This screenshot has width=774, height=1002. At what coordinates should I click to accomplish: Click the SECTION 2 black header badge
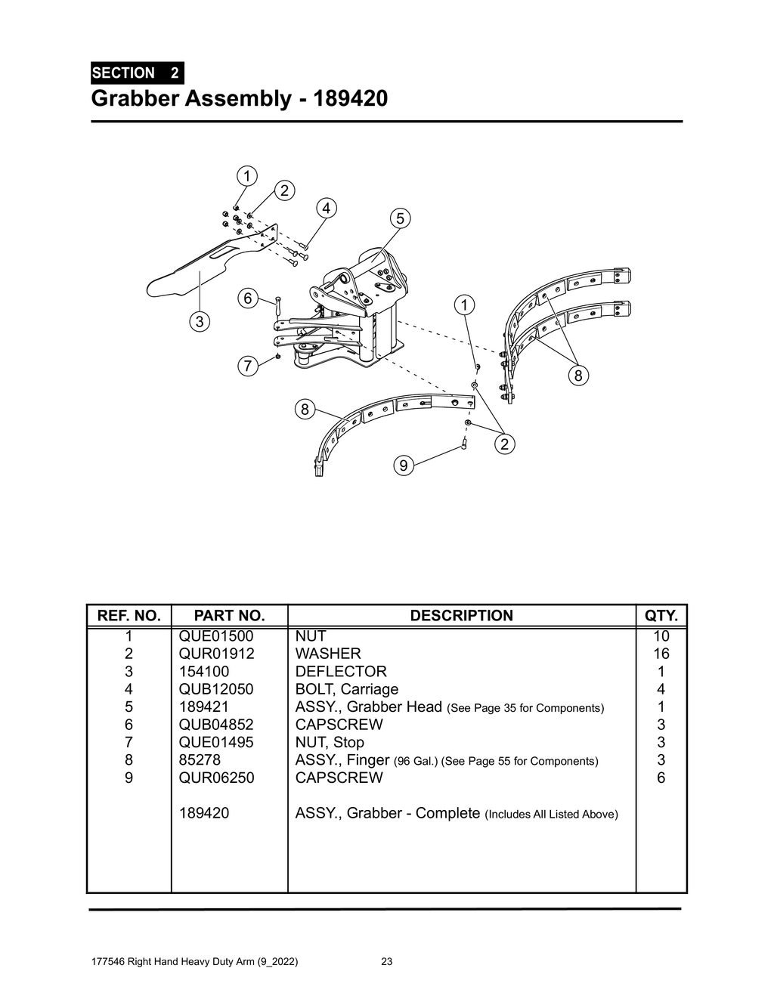pyautogui.click(x=136, y=73)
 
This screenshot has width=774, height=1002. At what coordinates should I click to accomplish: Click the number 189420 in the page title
pyautogui.click(x=350, y=98)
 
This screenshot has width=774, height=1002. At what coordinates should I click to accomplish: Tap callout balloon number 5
pyautogui.click(x=400, y=218)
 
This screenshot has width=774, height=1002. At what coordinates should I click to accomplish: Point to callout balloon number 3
pyautogui.click(x=199, y=322)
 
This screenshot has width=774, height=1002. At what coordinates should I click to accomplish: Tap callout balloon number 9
pyautogui.click(x=404, y=466)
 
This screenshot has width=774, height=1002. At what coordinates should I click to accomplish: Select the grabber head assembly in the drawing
pyautogui.click(x=355, y=310)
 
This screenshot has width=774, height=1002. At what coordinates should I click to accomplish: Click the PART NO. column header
pyautogui.click(x=229, y=616)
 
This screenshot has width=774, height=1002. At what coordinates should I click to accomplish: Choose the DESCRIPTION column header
pyautogui.click(x=461, y=616)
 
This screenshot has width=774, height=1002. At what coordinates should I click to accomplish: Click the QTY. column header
pyautogui.click(x=661, y=616)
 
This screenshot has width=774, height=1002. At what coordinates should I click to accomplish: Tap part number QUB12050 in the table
pyautogui.click(x=216, y=689)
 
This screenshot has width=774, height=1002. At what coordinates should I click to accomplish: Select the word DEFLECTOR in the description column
pyautogui.click(x=341, y=672)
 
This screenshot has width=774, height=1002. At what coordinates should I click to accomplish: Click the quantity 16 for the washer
pyautogui.click(x=661, y=654)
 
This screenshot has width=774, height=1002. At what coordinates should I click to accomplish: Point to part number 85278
pyautogui.click(x=200, y=760)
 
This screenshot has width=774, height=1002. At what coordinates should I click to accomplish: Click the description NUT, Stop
pyautogui.click(x=330, y=743)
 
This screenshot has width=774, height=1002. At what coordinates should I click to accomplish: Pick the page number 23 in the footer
pyautogui.click(x=386, y=962)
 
